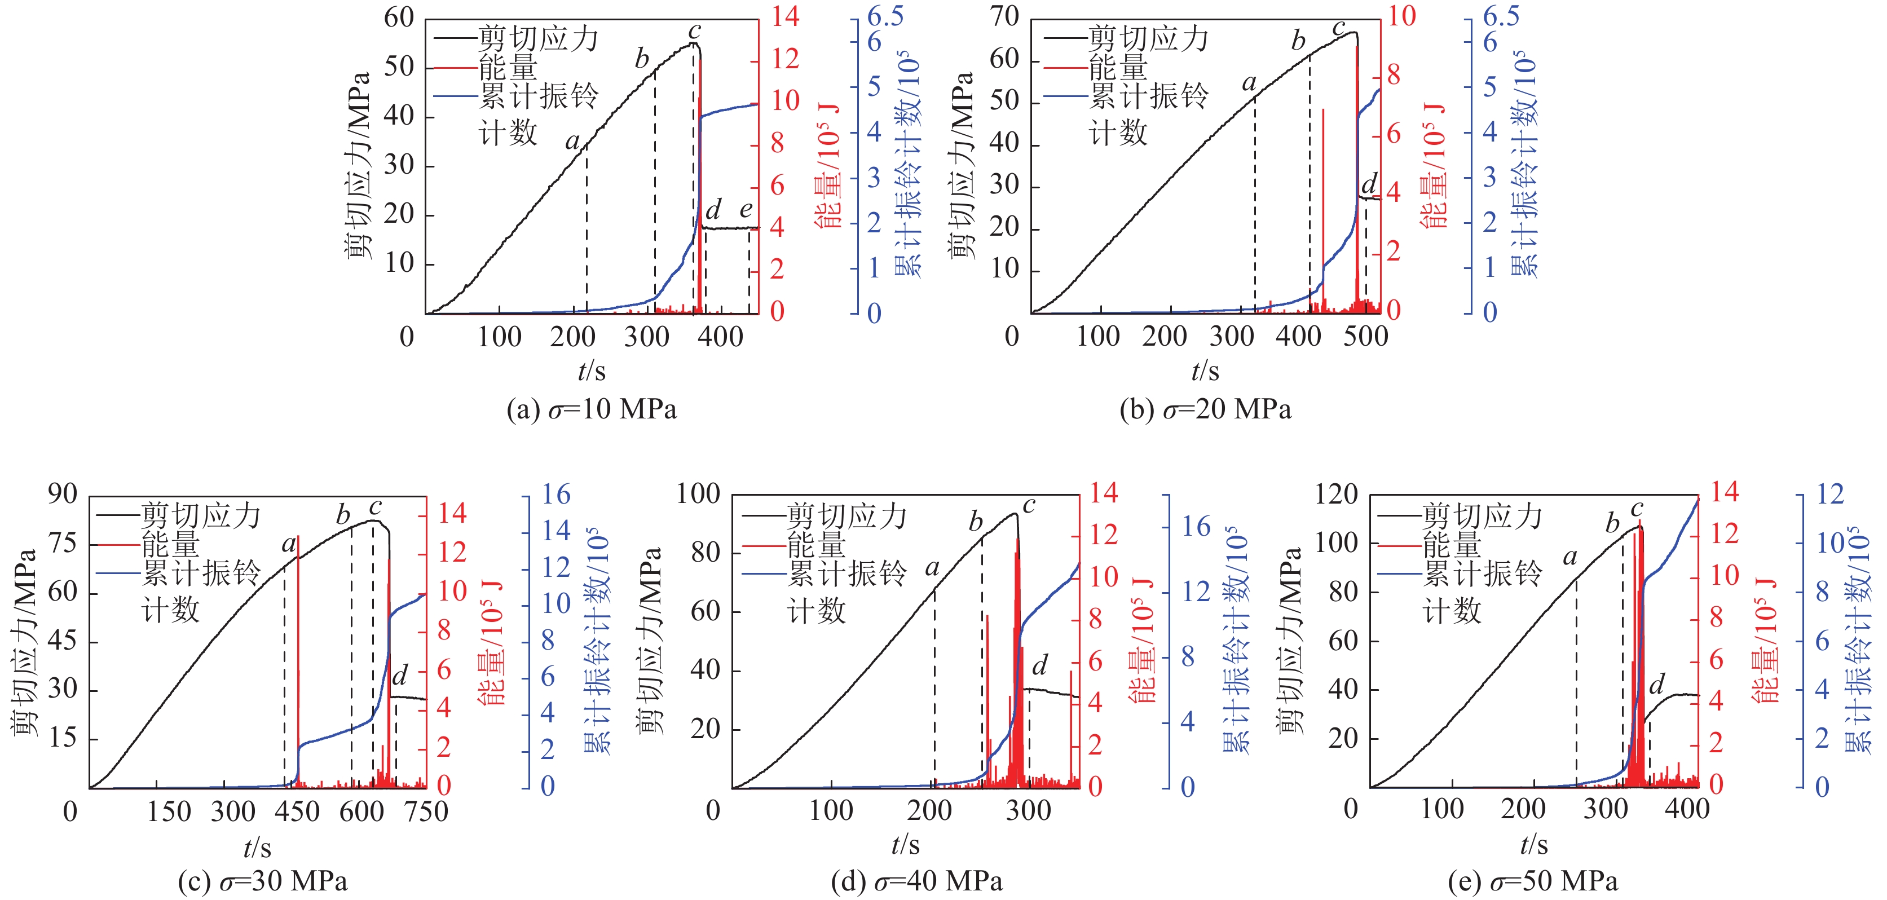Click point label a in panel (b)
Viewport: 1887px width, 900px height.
click(1249, 83)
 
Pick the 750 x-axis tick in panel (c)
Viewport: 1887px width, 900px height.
click(426, 811)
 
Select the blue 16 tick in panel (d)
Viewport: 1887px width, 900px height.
click(1196, 526)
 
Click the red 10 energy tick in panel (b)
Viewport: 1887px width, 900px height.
click(1402, 16)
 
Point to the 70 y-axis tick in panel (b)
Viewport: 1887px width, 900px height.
click(1004, 16)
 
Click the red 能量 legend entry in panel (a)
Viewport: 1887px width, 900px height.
click(508, 67)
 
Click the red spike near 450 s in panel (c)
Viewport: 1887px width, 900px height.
click(298, 659)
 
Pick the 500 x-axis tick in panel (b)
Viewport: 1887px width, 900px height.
click(1365, 337)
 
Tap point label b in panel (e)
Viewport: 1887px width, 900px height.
click(1612, 524)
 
